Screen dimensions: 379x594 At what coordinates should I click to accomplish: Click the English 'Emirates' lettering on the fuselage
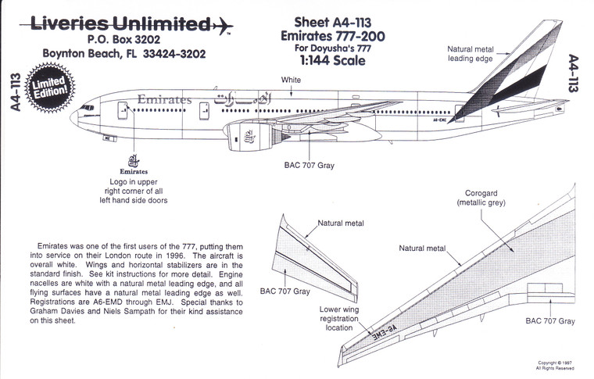[164, 100]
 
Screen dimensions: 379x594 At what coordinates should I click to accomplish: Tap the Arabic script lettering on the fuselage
[242, 100]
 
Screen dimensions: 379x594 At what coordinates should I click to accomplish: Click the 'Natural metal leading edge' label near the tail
[471, 54]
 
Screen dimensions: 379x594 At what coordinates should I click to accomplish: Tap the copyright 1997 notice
[556, 365]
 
